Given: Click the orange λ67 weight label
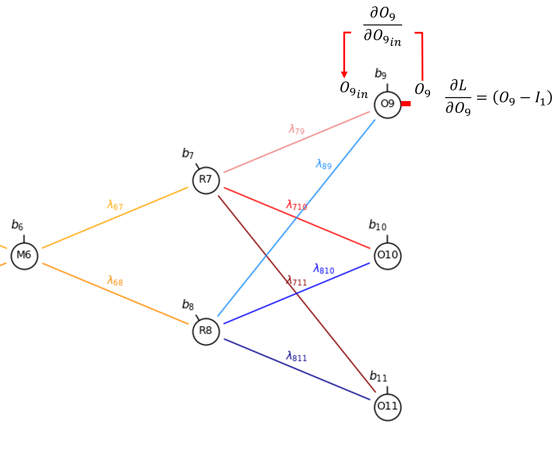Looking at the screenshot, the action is point(115,205).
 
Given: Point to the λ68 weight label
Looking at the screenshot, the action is point(115,280).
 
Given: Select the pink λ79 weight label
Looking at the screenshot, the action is point(296,129).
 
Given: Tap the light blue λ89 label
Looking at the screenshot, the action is point(324,164).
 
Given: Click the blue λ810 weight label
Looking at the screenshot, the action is point(324,269).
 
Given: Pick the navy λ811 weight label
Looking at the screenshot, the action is point(296,356).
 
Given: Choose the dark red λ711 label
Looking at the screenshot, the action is point(296,281).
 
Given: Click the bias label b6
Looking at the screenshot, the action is point(17,225).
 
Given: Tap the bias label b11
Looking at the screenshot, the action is point(378,376).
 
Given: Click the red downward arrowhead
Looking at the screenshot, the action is point(344,75).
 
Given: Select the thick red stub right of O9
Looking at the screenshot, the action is point(406,104).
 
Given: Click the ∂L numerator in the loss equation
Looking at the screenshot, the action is point(458,86).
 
